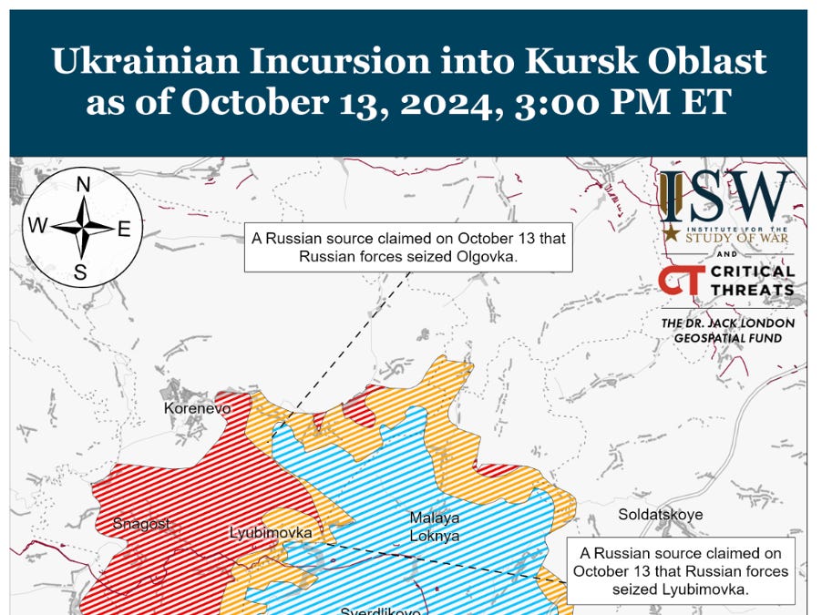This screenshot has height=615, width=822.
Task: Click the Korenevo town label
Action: point(197,408)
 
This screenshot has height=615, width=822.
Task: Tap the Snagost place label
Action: point(141,523)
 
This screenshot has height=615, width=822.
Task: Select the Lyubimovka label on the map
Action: point(271,532)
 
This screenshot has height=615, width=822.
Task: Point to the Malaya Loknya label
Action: point(434,527)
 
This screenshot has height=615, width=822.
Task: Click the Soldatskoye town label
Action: point(660,515)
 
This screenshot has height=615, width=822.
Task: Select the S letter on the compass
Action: point(80,271)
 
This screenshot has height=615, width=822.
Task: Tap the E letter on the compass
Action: point(125,228)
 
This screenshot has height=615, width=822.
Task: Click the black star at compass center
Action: point(82,227)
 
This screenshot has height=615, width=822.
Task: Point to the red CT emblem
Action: point(681,281)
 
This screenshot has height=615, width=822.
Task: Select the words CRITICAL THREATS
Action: point(752,281)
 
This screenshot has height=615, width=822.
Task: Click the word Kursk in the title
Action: point(560,61)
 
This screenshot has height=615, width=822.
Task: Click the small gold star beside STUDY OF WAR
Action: point(671,233)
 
